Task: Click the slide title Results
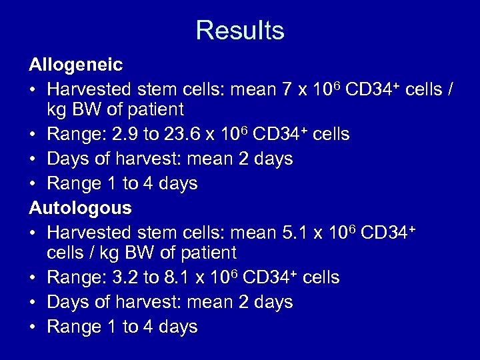point(240,30)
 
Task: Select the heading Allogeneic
point(75,65)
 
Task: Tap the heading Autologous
point(80,208)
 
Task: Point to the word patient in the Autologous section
point(206,253)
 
